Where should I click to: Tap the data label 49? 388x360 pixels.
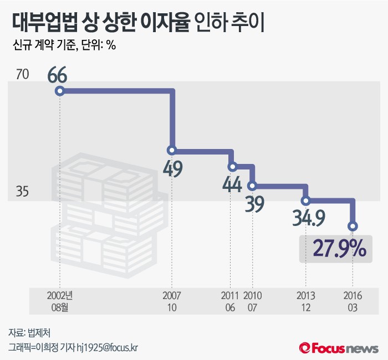pos(173,168)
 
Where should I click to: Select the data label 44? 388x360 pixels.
pos(232,184)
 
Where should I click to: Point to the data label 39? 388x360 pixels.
pos(254,204)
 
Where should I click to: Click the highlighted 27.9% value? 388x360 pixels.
pos(339,249)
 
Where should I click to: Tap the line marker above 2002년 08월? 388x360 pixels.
pos(59,91)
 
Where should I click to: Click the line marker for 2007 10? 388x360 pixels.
pos(172,150)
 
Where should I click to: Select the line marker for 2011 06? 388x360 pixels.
pos(232,166)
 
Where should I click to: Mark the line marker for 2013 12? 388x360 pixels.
pos(305,200)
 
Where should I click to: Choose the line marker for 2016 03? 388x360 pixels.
pos(353,226)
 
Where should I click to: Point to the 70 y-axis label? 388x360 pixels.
pos(22,74)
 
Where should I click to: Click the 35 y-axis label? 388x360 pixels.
pos(22,192)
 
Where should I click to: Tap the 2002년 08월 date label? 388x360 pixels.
pos(59,301)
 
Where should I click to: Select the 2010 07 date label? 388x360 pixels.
pos(253,301)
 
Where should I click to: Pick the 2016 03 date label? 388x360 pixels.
pos(353,301)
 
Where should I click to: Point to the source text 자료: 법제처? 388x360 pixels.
pos(29,332)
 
